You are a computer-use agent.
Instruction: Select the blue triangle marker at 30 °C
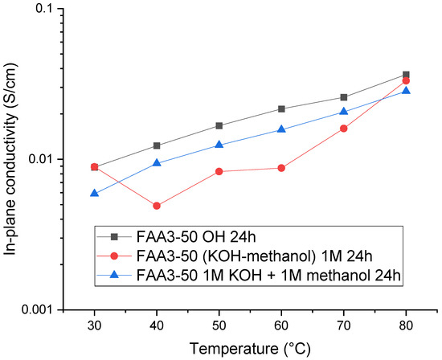pos(94,193)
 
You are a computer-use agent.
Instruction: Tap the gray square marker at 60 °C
pos(281,108)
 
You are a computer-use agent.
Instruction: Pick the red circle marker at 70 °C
pos(344,129)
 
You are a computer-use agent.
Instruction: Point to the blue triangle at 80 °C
pos(406,90)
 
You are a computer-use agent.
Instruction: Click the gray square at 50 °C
pos(219,125)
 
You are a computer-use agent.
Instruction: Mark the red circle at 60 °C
pos(281,168)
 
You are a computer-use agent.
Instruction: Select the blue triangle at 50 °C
pos(219,145)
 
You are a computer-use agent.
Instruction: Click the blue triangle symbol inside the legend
pos(113,276)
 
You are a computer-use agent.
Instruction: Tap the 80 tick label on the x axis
pos(406,325)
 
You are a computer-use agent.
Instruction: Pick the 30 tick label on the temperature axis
pos(94,325)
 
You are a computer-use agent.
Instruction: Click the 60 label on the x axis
pos(281,325)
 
